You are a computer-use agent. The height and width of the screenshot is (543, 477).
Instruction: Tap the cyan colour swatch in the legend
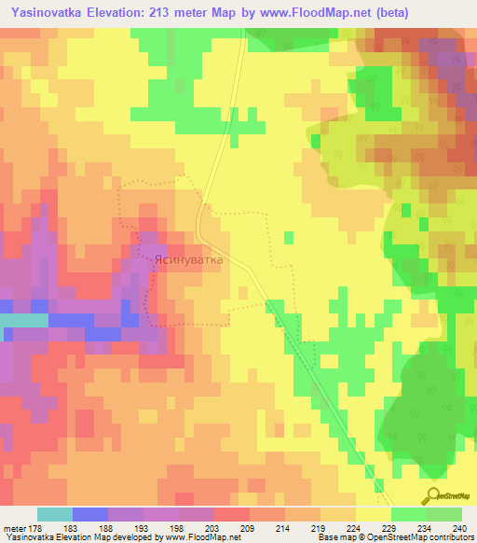point(54,514)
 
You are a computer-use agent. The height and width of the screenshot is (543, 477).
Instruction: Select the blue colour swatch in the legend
point(89,514)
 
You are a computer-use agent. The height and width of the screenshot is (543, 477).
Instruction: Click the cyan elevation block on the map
point(23,320)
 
